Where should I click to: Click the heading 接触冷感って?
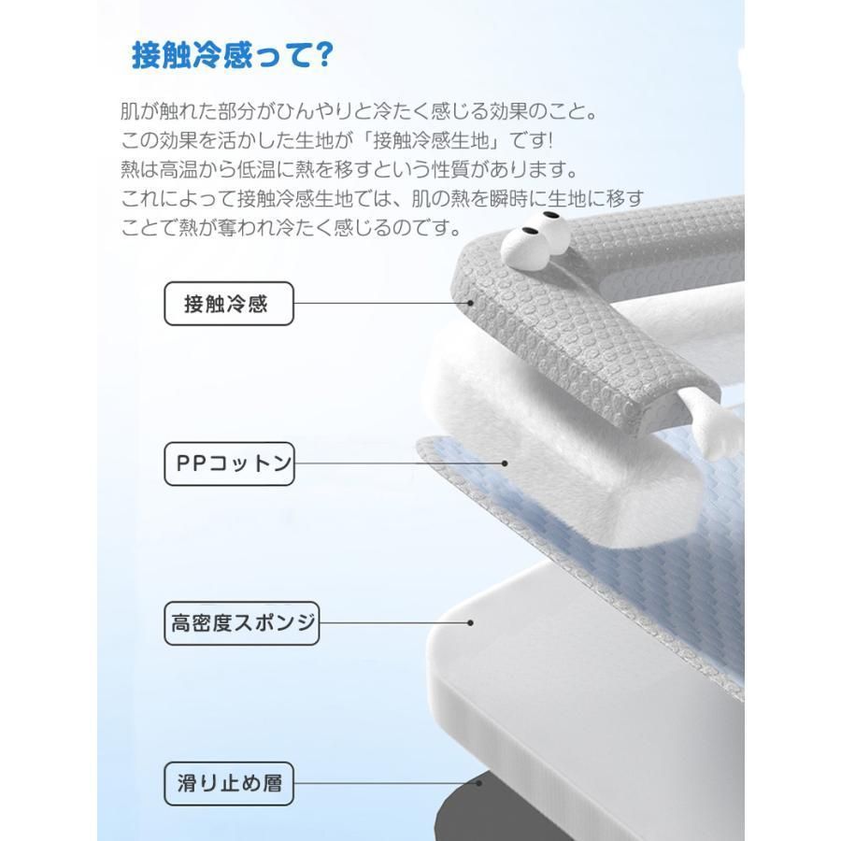point(232,55)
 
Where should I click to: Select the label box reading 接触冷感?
point(228,304)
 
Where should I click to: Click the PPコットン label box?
point(229,463)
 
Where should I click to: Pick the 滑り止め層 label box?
point(229,783)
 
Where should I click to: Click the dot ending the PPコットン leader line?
point(505,463)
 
